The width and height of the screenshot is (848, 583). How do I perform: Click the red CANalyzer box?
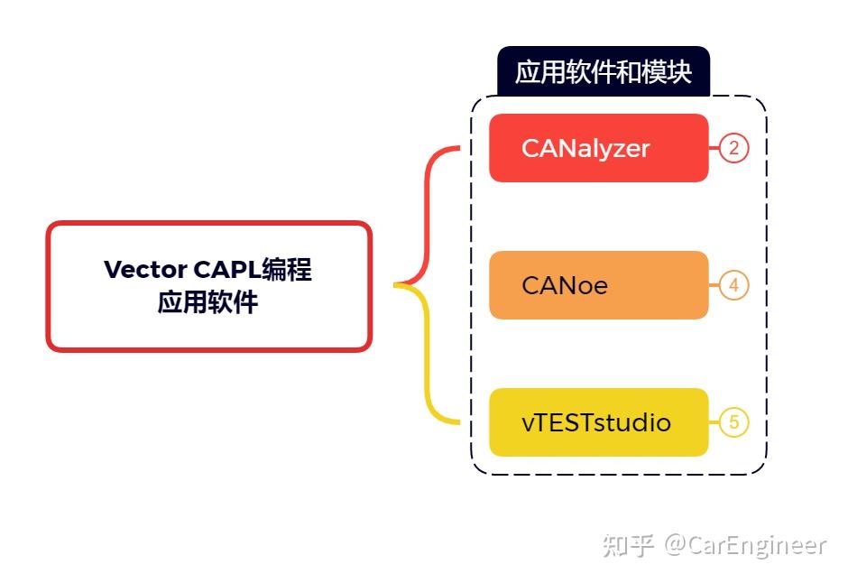tap(598, 148)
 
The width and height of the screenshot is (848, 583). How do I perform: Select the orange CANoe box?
tap(598, 285)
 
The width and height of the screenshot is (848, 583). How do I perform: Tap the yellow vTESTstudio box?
tap(598, 422)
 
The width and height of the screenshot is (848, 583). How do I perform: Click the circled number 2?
tap(734, 148)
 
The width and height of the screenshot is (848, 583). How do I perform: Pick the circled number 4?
tap(734, 285)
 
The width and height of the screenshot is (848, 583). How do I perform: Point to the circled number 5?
tap(734, 422)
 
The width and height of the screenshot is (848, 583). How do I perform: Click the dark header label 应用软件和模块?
tap(603, 72)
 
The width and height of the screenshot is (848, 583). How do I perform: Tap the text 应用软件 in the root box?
tap(208, 302)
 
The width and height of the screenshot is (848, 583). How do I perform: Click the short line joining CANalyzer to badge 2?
tap(714, 148)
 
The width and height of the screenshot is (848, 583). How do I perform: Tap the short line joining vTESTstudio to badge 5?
tap(714, 422)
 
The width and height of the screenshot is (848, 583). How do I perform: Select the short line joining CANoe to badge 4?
tap(714, 285)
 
